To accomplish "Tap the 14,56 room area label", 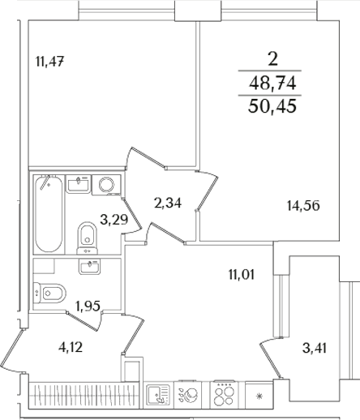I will (x=303, y=205).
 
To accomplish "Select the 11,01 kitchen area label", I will (x=241, y=274).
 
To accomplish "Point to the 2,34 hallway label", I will (x=167, y=203).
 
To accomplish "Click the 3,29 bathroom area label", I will (x=114, y=217).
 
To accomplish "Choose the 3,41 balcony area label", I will (x=315, y=349).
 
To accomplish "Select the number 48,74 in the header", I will (x=272, y=83).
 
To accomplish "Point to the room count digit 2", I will (x=272, y=58).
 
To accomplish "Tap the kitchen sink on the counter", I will (x=157, y=395).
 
